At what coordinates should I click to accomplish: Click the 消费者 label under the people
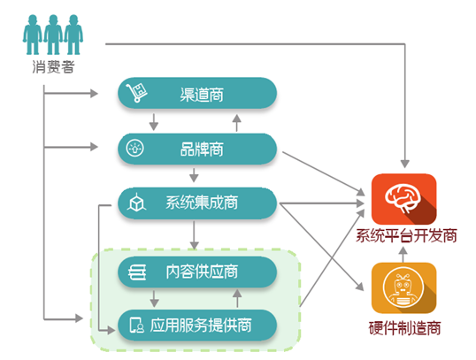[53, 66]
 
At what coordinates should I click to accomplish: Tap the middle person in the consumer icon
[53, 34]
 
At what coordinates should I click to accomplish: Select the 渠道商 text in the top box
[202, 95]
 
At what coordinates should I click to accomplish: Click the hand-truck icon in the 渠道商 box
[136, 93]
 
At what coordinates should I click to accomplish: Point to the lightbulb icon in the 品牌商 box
[135, 149]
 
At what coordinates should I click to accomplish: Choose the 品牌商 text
[202, 149]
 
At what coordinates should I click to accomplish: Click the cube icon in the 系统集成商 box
[136, 203]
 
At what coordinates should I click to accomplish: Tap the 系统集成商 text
[202, 203]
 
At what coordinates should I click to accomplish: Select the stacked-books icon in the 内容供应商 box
[137, 272]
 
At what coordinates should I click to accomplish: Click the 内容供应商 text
[202, 272]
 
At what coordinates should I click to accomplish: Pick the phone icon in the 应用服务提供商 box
[136, 326]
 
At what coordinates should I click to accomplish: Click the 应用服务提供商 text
[201, 326]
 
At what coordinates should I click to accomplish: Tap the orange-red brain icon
[403, 199]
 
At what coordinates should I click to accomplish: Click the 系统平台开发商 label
[406, 236]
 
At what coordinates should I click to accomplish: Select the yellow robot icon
[403, 287]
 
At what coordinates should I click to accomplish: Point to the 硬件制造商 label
[404, 328]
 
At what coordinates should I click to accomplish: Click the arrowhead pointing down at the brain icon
[404, 164]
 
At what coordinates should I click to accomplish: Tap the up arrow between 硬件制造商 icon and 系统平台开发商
[403, 255]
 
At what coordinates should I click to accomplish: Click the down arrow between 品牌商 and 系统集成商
[194, 175]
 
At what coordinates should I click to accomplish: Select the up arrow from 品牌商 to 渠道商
[237, 123]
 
